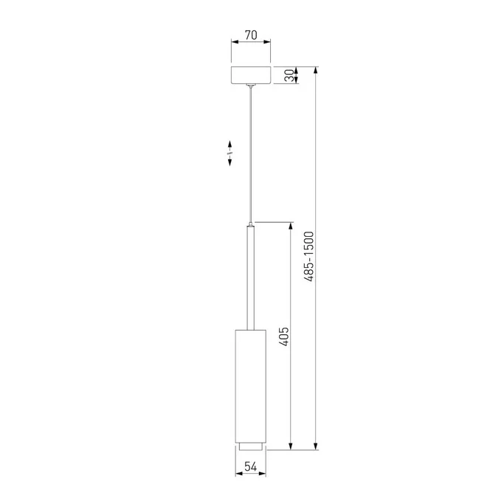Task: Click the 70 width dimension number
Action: coord(251,33)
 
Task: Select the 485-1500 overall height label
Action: coord(310,256)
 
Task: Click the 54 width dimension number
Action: coord(251,466)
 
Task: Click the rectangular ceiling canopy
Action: coord(251,75)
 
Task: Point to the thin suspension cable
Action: coord(251,155)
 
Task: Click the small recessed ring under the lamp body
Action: coord(251,445)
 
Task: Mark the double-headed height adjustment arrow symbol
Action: coord(230,152)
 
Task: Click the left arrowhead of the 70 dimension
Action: coord(235,41)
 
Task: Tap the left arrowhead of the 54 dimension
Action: coord(238,474)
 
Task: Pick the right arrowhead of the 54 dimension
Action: coord(263,474)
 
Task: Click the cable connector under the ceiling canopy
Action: coord(251,87)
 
